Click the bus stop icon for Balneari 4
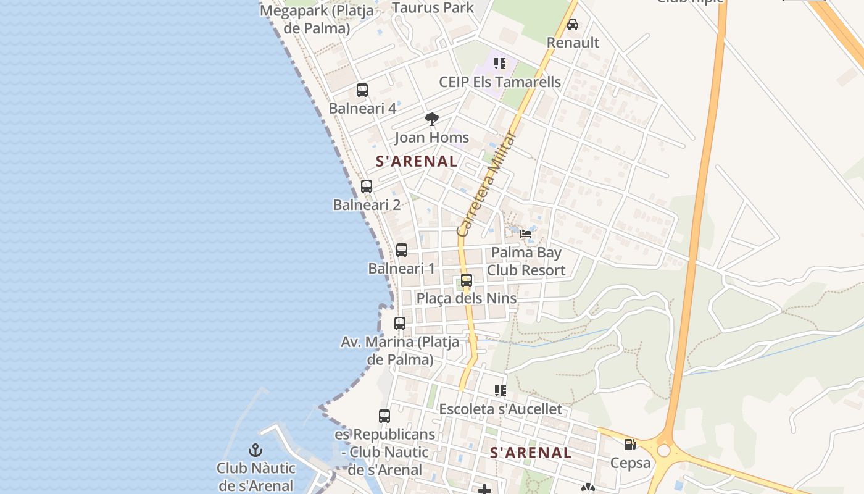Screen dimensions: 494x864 tap(362, 90)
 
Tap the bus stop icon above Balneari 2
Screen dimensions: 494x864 tap(367, 186)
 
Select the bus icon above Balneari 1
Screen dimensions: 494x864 tap(402, 250)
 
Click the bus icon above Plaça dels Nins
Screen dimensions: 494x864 tap(467, 280)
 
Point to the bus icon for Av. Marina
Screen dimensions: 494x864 tap(400, 323)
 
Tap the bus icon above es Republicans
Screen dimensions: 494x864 tap(384, 416)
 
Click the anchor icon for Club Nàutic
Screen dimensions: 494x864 tap(255, 450)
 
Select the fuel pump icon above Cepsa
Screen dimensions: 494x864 tap(629, 444)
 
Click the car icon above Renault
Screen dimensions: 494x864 tap(573, 25)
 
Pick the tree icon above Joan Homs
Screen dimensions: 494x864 tap(432, 119)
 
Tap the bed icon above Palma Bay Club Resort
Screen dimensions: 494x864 tap(526, 233)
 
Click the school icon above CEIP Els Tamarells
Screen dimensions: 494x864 tap(500, 63)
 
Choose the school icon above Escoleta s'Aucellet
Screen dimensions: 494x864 tap(500, 390)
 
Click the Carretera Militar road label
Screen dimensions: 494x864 tap(486, 185)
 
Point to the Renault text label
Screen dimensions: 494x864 tap(573, 43)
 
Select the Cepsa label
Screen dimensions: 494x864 tap(630, 463)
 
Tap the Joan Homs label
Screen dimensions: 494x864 tap(432, 138)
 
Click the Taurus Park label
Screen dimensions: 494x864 tap(433, 8)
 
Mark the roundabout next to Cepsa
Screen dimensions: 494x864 tap(664, 450)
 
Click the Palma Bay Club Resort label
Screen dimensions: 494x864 tap(526, 261)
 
